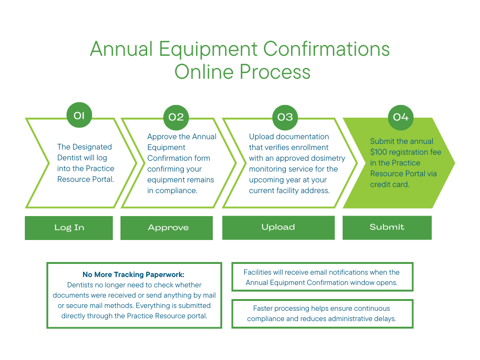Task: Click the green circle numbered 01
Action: tap(79, 115)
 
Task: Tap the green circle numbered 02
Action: tap(176, 117)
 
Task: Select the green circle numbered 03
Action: tap(285, 117)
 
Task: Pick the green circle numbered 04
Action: tap(401, 117)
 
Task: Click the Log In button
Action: tap(69, 228)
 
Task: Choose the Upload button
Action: tap(278, 227)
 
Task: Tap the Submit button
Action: tap(387, 227)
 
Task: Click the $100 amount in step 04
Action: tap(379, 152)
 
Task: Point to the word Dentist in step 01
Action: tap(70, 158)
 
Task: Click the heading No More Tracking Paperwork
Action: tap(134, 275)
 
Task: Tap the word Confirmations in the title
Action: tap(326, 49)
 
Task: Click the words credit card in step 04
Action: tap(390, 185)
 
